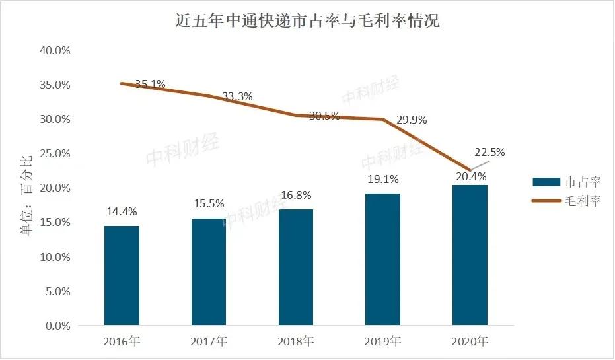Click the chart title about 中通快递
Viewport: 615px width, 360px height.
click(307, 21)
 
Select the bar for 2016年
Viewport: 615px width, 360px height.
click(122, 275)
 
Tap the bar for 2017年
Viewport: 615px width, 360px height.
click(209, 271)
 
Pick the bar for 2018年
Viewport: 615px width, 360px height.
click(296, 267)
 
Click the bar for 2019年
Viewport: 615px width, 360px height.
click(383, 259)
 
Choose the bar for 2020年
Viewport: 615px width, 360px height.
click(470, 255)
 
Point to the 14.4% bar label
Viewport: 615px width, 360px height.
click(122, 212)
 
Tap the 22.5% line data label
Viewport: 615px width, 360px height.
click(489, 152)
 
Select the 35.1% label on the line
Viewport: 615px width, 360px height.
click(150, 84)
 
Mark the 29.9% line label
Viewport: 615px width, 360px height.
click(412, 120)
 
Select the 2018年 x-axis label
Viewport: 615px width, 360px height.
click(296, 342)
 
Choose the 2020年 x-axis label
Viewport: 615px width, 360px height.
click(470, 342)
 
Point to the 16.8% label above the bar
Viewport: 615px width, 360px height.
click(295, 195)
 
